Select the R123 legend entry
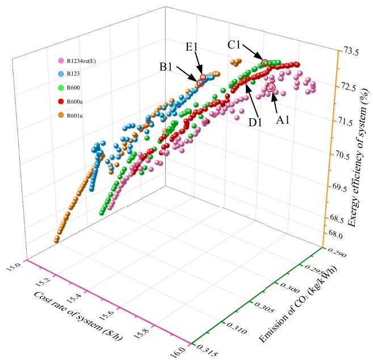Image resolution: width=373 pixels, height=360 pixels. tap(73, 74)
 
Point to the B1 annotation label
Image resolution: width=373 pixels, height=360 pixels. tap(166, 67)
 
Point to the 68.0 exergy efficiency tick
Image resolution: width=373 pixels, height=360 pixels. tap(337, 234)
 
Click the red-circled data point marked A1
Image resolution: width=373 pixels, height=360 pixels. tap(271, 87)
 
